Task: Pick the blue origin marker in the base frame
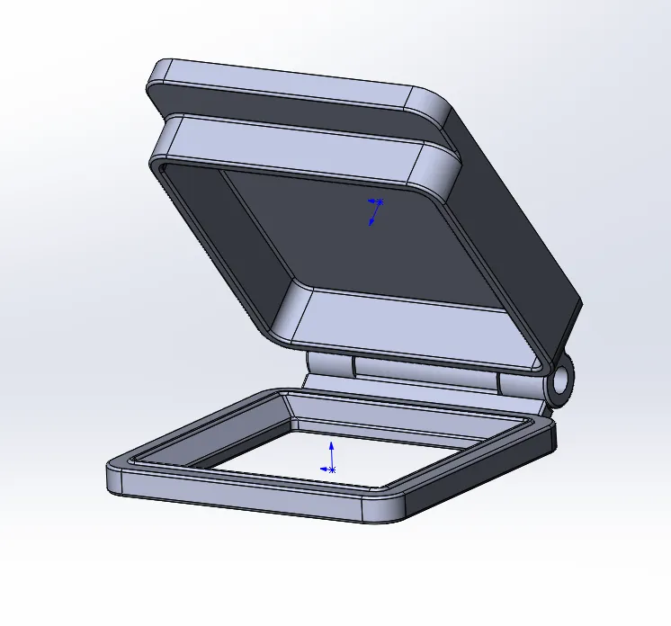pos(331,469)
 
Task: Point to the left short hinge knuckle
pos(329,364)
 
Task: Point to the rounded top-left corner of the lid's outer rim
pos(163,72)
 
